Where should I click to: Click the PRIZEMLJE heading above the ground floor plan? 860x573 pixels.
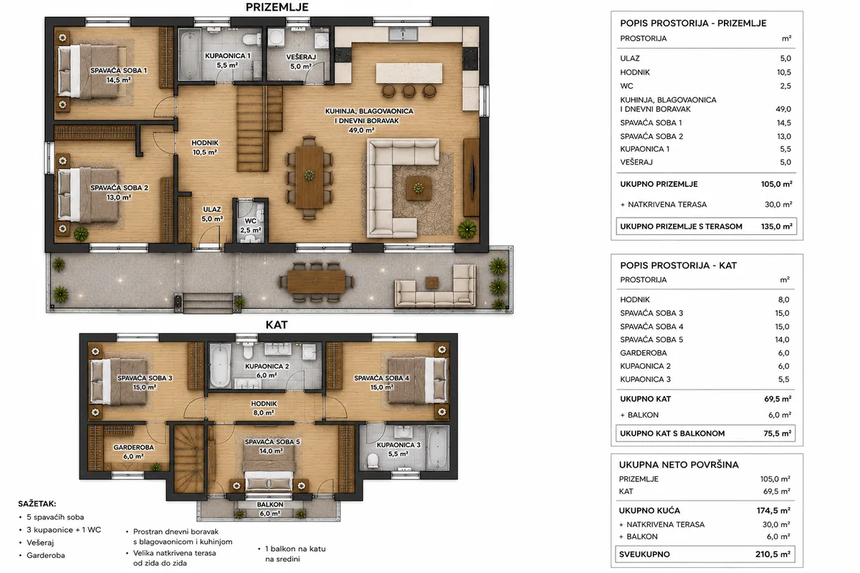click(277, 7)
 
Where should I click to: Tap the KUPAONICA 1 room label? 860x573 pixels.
click(227, 56)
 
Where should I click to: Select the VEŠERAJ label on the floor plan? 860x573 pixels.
click(301, 57)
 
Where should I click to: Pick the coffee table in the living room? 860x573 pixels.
click(418, 188)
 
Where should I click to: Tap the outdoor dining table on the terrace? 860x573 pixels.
click(315, 281)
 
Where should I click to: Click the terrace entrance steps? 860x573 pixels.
click(208, 303)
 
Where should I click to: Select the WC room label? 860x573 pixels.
click(250, 221)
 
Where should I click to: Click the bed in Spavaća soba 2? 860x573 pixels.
click(88, 195)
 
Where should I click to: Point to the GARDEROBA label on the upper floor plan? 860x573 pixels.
click(133, 448)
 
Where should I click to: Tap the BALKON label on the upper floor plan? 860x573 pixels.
click(270, 505)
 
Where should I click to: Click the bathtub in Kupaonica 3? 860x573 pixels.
click(437, 448)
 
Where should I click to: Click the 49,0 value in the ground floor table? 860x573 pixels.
click(783, 109)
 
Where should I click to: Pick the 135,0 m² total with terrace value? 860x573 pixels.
click(776, 226)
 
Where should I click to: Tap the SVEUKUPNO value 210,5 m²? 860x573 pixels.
click(773, 554)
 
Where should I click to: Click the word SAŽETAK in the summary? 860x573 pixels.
click(37, 504)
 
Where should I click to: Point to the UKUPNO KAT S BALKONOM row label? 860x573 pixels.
click(672, 433)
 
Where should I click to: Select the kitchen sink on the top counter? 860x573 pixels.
click(403, 34)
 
